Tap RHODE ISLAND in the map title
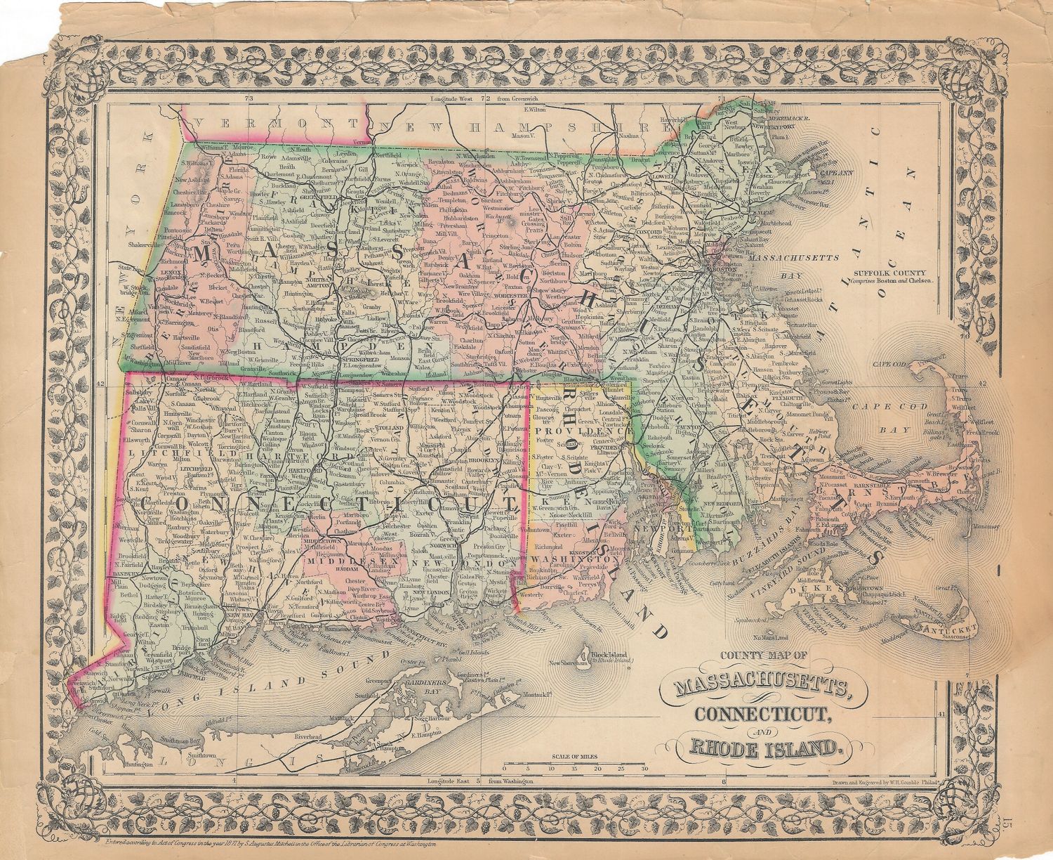(x=765, y=748)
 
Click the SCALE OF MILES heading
(x=578, y=757)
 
